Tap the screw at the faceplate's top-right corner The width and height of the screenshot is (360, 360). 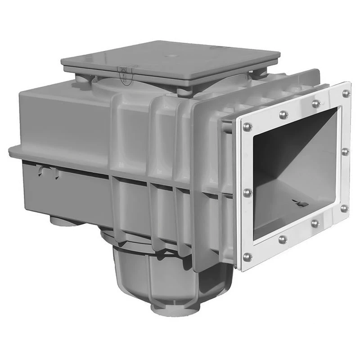pos(345,93)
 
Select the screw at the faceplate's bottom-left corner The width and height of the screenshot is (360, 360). pos(247,257)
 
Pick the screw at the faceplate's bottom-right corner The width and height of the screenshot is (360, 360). pos(344,208)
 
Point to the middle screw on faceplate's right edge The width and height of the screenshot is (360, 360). pos(345,152)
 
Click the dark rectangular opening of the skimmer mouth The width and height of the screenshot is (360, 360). pos(292,175)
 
